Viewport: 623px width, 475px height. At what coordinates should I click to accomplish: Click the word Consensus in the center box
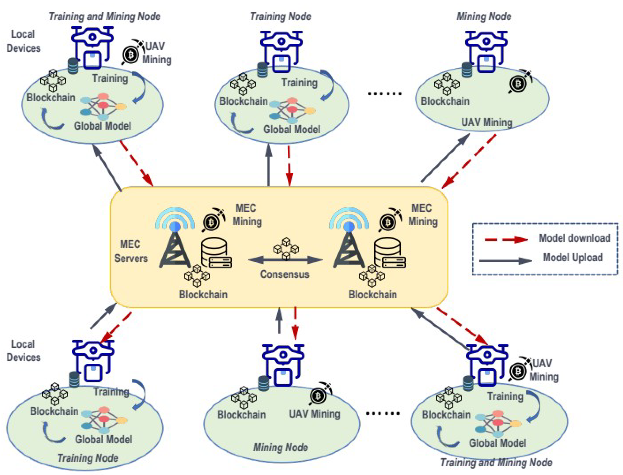(x=284, y=274)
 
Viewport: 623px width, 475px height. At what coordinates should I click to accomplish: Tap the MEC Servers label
(x=131, y=251)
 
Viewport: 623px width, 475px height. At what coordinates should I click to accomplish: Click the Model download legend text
(x=574, y=238)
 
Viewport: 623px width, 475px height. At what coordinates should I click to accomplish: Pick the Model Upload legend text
(x=573, y=258)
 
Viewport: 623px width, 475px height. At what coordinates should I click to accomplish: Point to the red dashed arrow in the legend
(x=506, y=240)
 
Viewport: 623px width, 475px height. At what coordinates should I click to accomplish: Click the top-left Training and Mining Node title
(x=105, y=16)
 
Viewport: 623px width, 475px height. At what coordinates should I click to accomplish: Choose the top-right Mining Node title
(x=484, y=16)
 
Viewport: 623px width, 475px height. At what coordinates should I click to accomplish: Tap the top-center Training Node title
(x=281, y=16)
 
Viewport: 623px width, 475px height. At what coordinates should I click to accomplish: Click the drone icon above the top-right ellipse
(x=486, y=51)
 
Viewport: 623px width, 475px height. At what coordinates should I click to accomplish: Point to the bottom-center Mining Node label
(x=281, y=447)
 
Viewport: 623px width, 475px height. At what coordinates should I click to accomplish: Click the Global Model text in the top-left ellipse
(x=103, y=126)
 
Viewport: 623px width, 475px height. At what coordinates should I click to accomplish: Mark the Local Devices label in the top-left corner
(x=23, y=41)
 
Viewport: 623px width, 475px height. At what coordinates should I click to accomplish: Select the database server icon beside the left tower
(x=216, y=253)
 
